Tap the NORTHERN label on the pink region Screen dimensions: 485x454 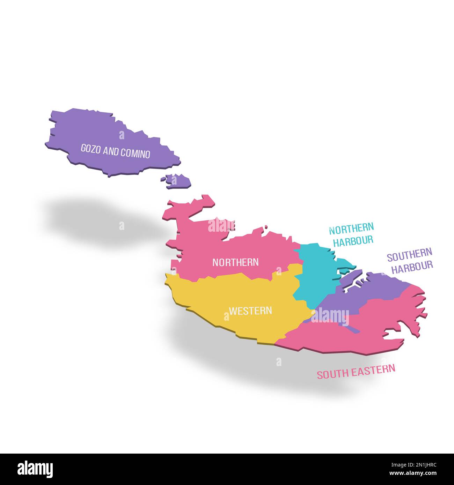click(x=235, y=262)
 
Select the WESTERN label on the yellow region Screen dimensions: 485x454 click(x=250, y=310)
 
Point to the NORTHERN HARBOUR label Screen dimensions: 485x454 click(x=351, y=234)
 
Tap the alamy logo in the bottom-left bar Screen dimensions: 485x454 click(x=35, y=469)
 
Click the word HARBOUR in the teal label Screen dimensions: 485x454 click(x=353, y=240)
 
